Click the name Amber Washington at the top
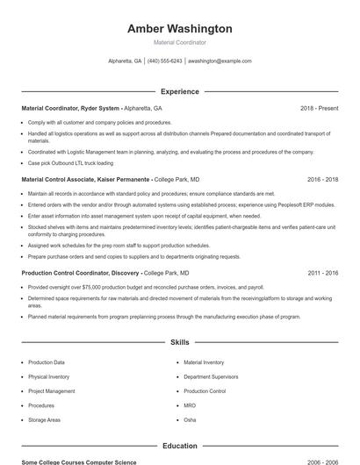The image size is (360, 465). [180, 29]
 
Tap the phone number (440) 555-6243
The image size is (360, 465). [165, 61]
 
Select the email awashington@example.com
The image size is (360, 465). [220, 61]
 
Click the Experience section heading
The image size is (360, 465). [180, 91]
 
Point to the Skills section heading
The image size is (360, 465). [180, 341]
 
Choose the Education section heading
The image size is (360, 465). [180, 446]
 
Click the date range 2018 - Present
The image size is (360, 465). [319, 108]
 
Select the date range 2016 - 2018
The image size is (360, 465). [322, 179]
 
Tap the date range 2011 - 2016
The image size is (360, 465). [322, 273]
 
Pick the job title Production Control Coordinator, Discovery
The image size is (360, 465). [81, 273]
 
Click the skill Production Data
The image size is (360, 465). [47, 362]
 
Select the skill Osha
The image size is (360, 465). [190, 420]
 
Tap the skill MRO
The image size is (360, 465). [190, 406]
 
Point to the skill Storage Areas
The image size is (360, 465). [44, 420]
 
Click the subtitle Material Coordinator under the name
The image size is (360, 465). [180, 42]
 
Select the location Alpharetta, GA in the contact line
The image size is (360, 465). [125, 61]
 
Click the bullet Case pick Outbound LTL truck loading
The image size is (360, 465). [70, 162]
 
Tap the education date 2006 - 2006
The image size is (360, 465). [322, 461]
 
